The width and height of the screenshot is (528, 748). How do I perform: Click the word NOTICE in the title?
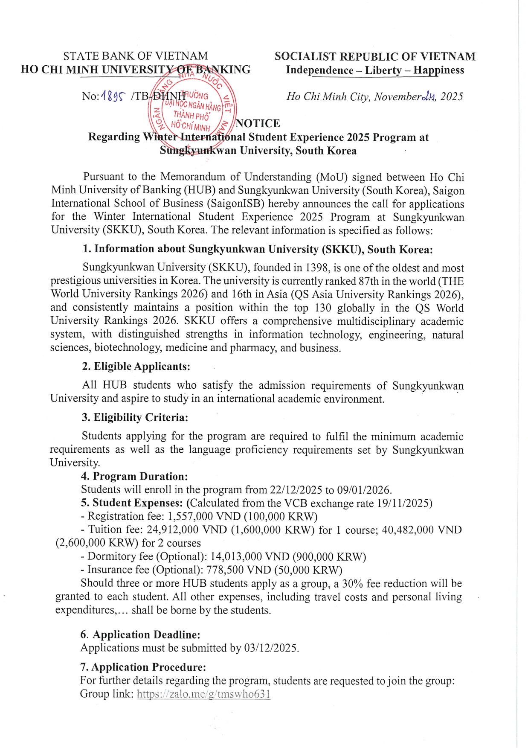(x=258, y=124)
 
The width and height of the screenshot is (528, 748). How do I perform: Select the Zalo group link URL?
(x=203, y=694)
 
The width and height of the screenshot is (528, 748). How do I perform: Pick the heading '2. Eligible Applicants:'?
(x=136, y=367)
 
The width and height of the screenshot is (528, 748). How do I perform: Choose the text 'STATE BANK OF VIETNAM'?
(x=136, y=56)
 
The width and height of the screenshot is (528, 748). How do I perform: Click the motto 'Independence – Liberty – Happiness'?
(x=375, y=70)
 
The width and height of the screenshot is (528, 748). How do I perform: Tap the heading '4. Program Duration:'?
(x=134, y=477)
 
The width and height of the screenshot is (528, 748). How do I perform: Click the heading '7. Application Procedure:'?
(x=143, y=667)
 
